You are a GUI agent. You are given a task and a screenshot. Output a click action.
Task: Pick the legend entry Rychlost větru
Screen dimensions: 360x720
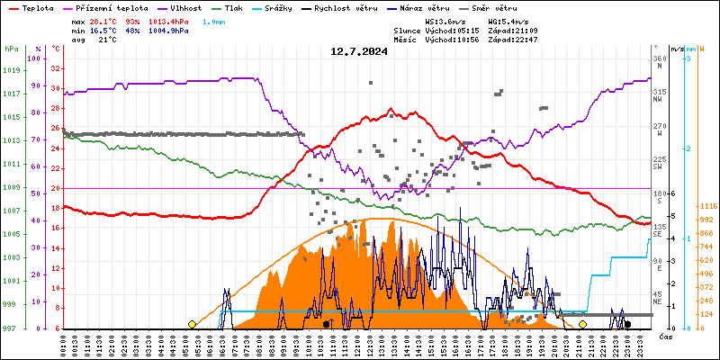tap(346, 7)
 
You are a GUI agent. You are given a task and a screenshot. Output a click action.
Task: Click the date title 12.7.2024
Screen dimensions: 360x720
tap(359, 51)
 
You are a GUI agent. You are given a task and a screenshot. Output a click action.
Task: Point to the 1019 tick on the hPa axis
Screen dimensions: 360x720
tap(11, 70)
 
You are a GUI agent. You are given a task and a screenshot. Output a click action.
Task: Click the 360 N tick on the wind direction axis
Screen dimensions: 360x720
tap(661, 62)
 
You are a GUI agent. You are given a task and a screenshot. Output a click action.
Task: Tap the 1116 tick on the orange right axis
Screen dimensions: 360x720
tap(706, 206)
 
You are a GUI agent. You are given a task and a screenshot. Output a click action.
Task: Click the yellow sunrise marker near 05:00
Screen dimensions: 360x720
tap(192, 324)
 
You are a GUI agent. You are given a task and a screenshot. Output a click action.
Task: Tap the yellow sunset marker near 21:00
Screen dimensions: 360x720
tap(583, 324)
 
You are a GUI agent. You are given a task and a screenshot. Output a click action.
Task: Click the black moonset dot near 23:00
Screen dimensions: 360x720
tap(627, 324)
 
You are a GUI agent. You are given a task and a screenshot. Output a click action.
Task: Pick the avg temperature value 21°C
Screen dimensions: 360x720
tap(107, 40)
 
